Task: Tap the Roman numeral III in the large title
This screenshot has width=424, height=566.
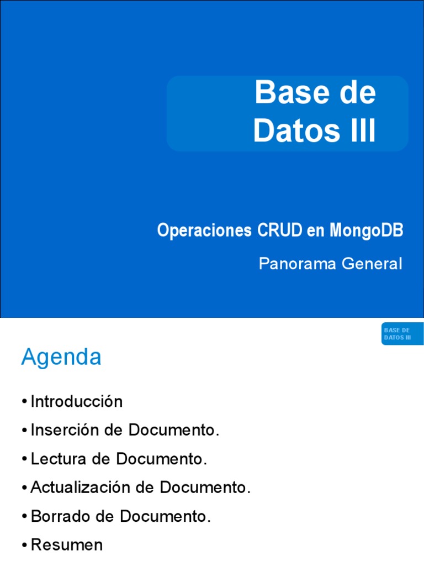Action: [x=362, y=132]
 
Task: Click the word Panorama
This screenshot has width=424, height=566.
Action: [x=298, y=264]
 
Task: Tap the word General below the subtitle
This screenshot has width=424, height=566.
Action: [x=372, y=264]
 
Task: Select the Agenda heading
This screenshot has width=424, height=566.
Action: [x=61, y=357]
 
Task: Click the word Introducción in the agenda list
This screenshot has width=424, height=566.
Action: [x=77, y=401]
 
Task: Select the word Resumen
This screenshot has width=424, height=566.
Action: [x=67, y=545]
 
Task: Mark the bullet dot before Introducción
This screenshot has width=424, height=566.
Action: [x=25, y=402]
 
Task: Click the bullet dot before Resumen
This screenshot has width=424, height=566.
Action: [x=25, y=546]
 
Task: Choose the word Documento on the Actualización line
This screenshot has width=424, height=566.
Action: [x=205, y=488]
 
